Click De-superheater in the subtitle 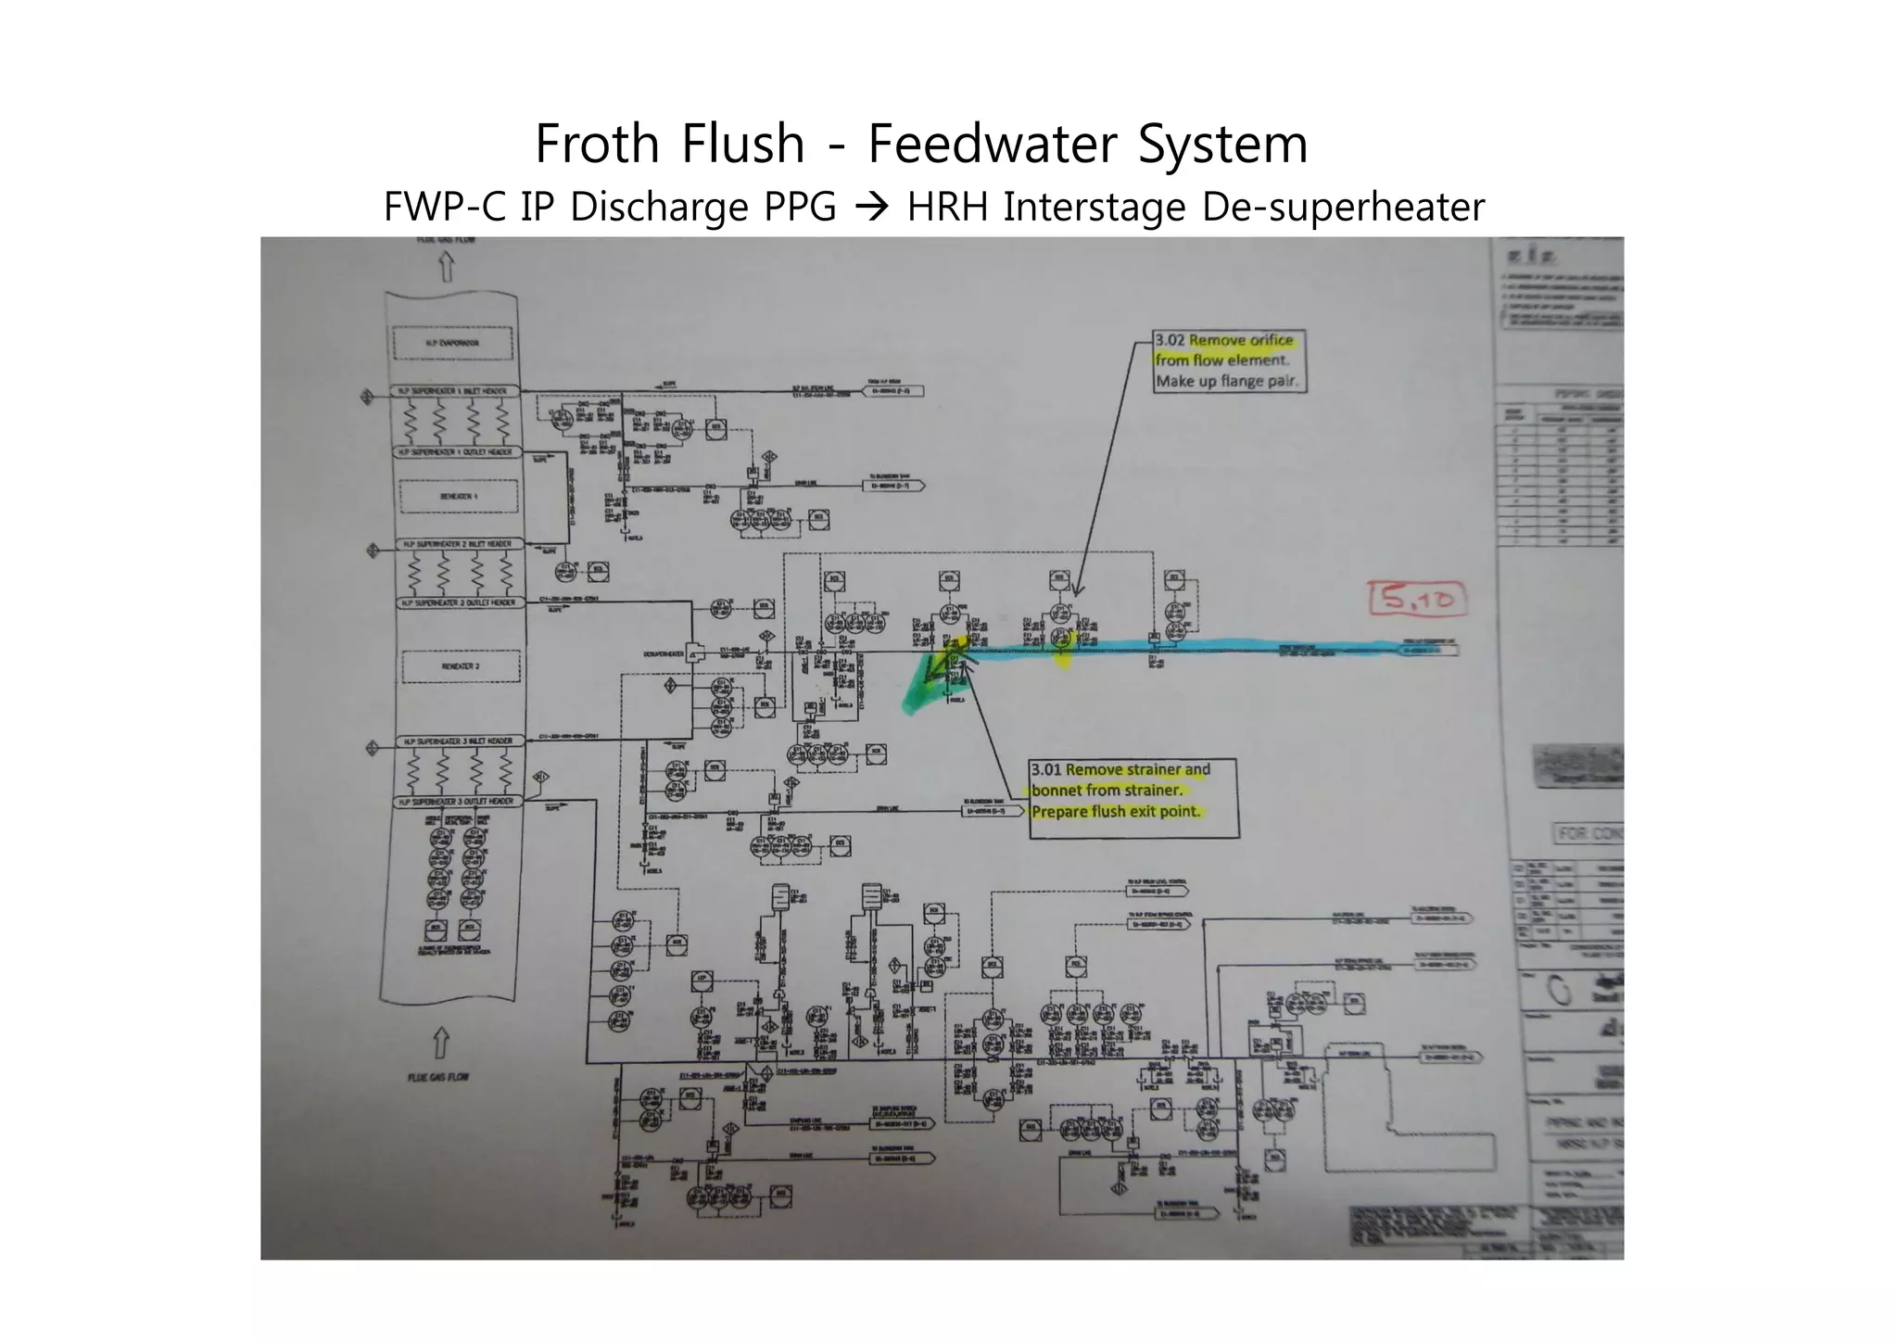1343,207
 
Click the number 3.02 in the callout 1170,340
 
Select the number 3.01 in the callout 1046,769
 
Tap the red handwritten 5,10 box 1417,599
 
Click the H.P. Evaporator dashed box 452,343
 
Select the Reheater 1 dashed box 459,497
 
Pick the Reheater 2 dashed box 460,666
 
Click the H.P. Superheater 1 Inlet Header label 453,391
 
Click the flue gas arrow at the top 446,268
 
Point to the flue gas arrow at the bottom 441,1043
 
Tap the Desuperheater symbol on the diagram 693,652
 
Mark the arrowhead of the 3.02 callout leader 1077,591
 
